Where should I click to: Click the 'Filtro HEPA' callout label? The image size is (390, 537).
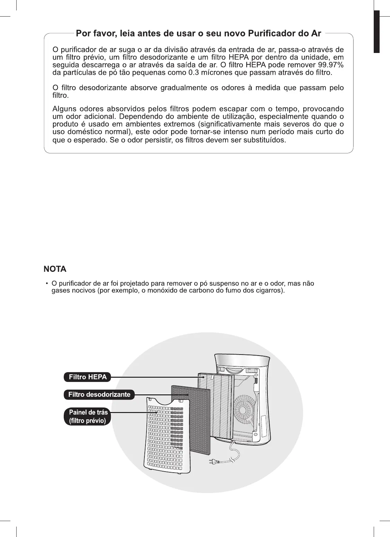tap(88, 377)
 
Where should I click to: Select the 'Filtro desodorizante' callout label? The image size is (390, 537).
tap(99, 394)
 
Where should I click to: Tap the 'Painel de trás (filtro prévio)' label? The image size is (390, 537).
tap(88, 417)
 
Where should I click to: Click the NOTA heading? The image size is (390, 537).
tap(55, 269)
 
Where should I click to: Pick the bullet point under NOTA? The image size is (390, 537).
tap(47, 284)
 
